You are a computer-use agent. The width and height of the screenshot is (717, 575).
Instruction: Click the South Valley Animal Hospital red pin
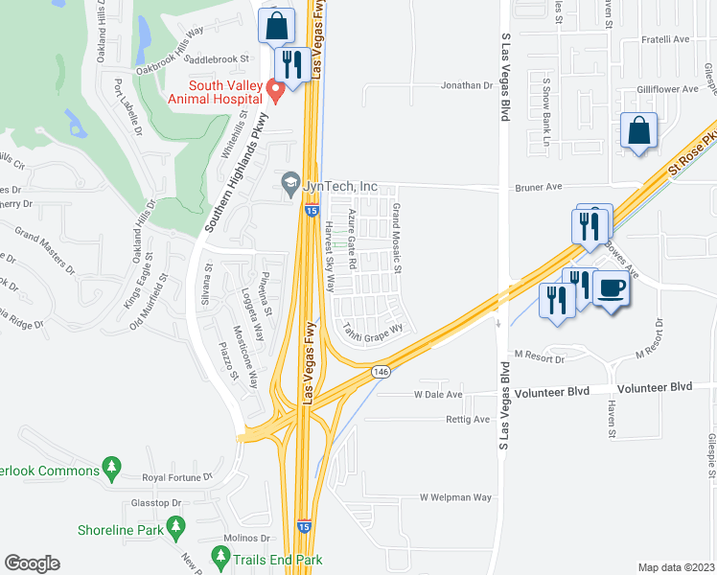(275, 92)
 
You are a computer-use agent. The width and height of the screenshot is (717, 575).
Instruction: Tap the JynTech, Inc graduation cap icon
(289, 182)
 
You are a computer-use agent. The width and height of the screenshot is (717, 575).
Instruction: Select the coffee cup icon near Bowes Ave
(612, 287)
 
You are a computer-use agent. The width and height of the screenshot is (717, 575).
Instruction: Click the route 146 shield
(381, 371)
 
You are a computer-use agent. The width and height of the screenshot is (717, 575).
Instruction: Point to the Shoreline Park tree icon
(175, 526)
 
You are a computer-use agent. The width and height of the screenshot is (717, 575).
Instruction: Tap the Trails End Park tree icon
(221, 556)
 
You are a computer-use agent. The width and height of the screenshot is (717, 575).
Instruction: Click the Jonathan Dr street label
(466, 85)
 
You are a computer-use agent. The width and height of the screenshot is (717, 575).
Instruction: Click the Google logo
(32, 563)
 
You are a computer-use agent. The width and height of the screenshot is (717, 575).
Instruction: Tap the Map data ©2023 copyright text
(677, 567)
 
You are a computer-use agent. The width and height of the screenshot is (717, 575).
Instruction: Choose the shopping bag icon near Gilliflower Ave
(639, 130)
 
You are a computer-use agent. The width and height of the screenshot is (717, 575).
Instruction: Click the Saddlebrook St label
(216, 58)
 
